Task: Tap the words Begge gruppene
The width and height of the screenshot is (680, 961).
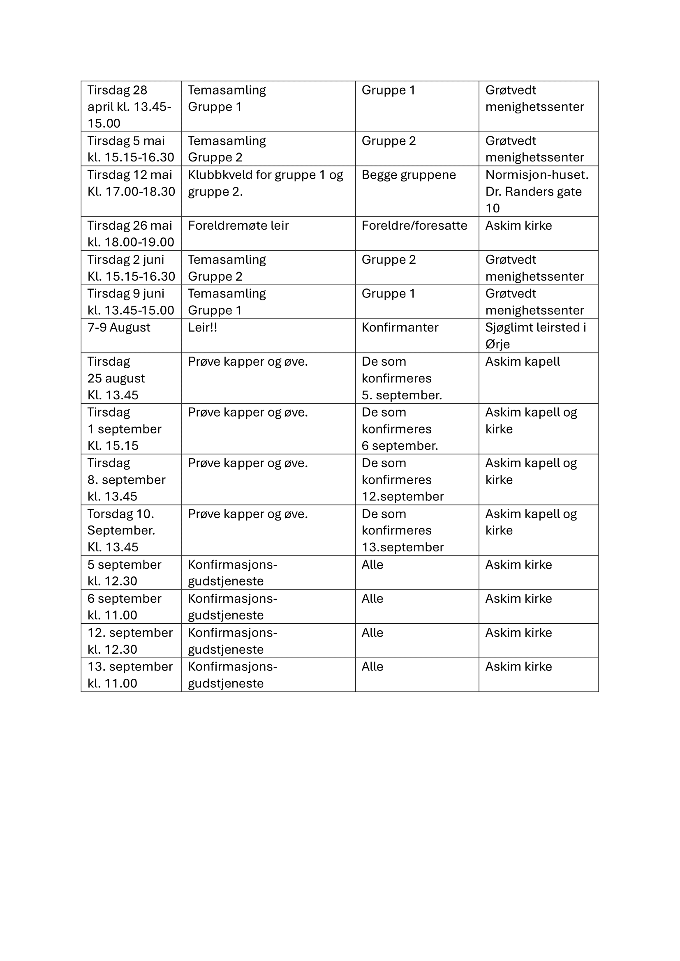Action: (x=409, y=175)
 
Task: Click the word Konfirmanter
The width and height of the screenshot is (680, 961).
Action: (x=400, y=327)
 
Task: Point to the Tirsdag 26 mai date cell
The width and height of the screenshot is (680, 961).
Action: (x=130, y=233)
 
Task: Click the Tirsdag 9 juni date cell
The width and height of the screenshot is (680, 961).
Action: (x=130, y=302)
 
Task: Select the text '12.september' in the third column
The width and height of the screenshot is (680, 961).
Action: (x=402, y=496)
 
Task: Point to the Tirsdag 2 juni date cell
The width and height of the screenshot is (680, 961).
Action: (x=130, y=268)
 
